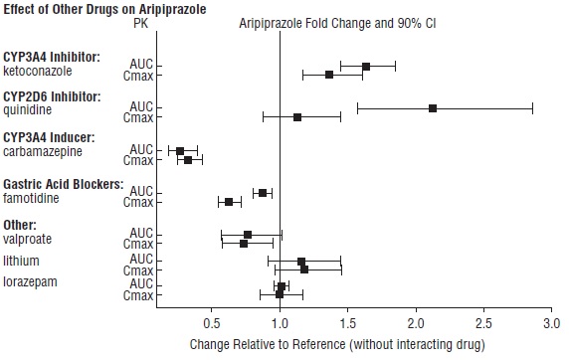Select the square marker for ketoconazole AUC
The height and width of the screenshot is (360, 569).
point(365,66)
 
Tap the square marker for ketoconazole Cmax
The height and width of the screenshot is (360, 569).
point(329,75)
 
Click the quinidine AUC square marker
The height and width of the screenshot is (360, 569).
point(433,107)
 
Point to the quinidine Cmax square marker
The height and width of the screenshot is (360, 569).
point(297,117)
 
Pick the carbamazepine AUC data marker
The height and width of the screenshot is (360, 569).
point(180,150)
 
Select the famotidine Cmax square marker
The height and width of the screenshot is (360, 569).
point(229,202)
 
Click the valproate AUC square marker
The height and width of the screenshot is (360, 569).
point(248,235)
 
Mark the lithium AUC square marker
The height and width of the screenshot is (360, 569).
point(301,261)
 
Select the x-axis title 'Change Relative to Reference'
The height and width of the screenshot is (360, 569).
point(336,345)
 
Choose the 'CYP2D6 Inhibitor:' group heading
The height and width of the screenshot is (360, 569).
point(51,96)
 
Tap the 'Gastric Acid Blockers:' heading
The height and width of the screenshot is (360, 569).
point(64,184)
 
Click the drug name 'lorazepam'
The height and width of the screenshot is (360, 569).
point(31,281)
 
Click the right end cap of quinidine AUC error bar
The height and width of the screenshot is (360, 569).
point(533,107)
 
